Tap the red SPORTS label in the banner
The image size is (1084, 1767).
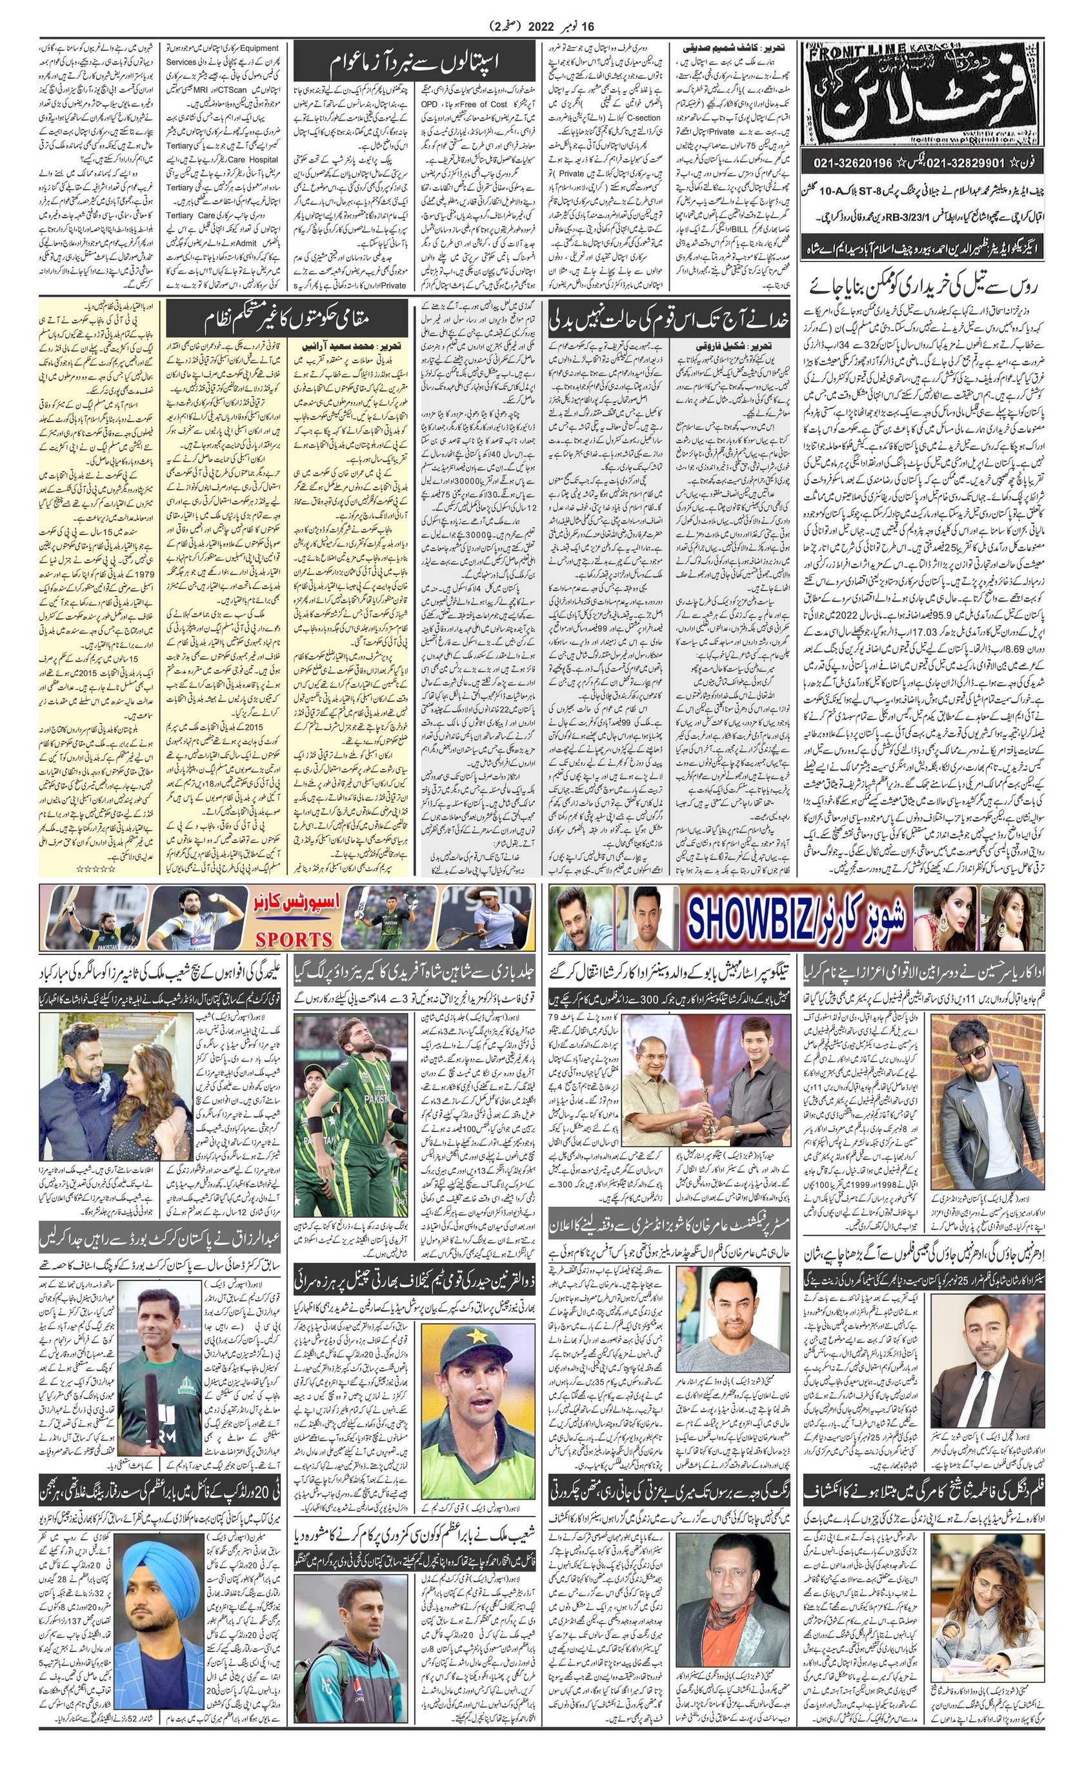(294, 939)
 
